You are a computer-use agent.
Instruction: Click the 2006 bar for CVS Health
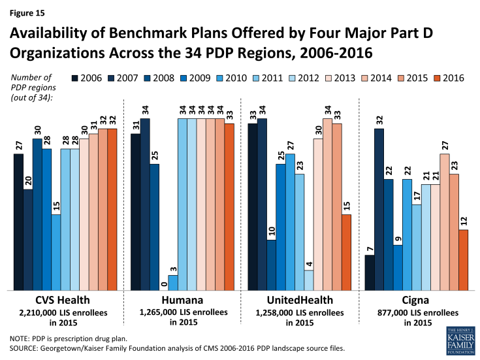[18, 221]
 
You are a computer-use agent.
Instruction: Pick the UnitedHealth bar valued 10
[271, 264]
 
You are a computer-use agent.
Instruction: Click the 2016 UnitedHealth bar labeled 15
[347, 252]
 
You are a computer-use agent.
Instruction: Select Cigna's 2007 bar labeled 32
[379, 209]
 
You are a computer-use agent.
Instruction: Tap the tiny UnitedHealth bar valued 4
[309, 280]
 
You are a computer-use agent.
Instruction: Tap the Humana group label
[178, 300]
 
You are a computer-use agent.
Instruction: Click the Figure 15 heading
[26, 12]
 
